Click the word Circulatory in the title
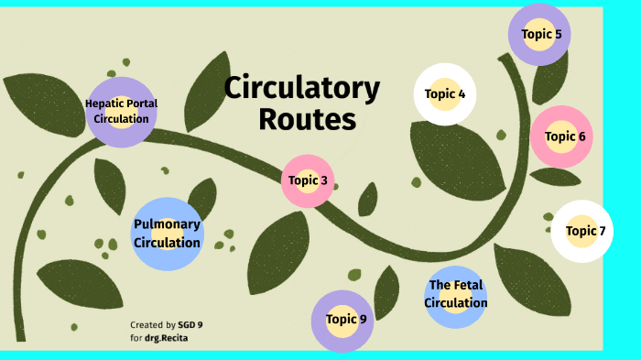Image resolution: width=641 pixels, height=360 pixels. point(302,89)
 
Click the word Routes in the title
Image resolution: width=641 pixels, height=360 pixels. point(307,119)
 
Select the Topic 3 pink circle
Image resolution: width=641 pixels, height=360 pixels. point(308,180)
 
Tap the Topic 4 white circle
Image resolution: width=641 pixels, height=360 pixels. point(445,93)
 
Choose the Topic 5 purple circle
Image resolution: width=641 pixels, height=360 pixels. point(540,35)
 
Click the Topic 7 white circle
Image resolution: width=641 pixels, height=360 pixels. point(582,231)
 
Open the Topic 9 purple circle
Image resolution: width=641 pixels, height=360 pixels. point(345,320)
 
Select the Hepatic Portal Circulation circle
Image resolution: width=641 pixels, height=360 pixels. point(122,112)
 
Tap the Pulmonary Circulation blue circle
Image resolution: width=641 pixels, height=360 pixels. point(167,234)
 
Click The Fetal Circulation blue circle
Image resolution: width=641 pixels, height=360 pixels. point(455,295)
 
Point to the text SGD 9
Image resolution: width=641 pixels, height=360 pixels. point(190,325)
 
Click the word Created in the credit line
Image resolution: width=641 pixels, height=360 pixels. point(147,325)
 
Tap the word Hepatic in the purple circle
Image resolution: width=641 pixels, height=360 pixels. point(103,104)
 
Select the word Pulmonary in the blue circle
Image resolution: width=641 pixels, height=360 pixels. point(167,224)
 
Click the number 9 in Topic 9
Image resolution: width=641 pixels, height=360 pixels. point(363,320)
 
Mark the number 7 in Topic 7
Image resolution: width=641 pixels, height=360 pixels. point(602,231)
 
